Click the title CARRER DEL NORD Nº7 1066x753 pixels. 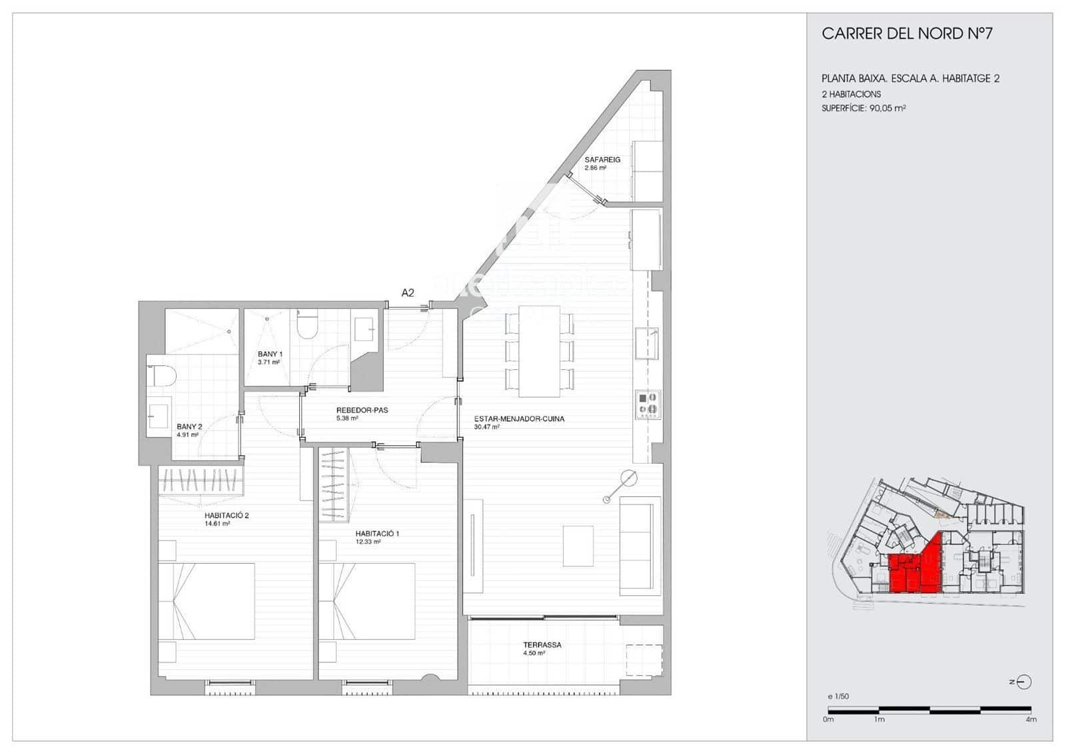[907, 34]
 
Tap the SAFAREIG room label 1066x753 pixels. [602, 160]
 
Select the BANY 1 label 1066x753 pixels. [270, 355]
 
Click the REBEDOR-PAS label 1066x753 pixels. [362, 410]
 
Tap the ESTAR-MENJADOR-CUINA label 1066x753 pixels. [519, 419]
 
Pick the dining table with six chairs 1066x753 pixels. [539, 351]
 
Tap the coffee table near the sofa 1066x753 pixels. [578, 546]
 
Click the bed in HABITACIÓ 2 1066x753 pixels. [207, 601]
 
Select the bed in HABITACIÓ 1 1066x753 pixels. [367, 601]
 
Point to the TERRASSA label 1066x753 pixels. [542, 645]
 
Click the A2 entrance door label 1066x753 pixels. [408, 293]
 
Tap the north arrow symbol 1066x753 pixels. [1023, 682]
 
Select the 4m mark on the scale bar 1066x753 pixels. [1031, 719]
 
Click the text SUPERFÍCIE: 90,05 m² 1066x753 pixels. [863, 108]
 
